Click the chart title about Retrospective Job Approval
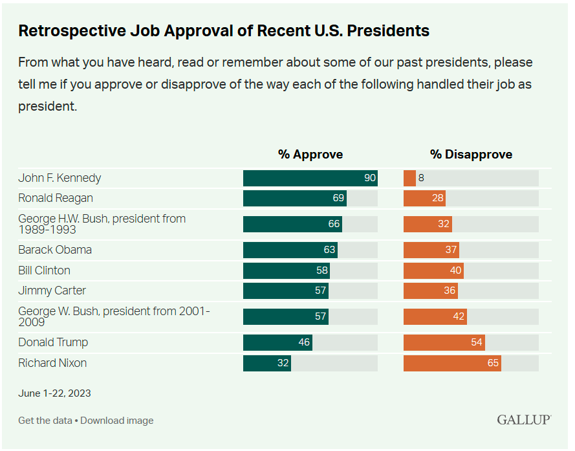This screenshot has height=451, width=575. (x=224, y=30)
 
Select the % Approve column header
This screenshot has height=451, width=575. (x=310, y=154)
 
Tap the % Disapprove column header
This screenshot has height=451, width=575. (x=471, y=154)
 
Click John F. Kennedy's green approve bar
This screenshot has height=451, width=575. (x=310, y=178)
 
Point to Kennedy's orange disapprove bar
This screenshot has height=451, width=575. (x=409, y=178)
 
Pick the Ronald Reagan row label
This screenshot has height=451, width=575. (x=56, y=198)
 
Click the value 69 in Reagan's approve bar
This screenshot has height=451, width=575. (x=338, y=198)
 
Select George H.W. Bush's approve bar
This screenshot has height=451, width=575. (x=292, y=224)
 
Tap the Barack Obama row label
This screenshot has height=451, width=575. (x=55, y=250)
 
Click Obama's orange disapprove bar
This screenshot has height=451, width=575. (x=431, y=250)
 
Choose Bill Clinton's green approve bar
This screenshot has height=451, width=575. (x=286, y=270)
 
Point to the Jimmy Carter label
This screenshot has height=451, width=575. (x=52, y=291)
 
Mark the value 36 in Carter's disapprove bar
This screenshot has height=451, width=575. (x=450, y=291)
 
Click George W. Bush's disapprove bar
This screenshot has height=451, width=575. (x=435, y=316)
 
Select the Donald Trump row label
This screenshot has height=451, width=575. (x=53, y=342)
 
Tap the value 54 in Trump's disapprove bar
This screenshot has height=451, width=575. (x=477, y=342)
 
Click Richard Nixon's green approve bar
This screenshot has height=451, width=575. (x=266, y=363)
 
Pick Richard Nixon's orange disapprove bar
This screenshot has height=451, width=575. (x=452, y=363)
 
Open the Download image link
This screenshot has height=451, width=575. (x=117, y=421)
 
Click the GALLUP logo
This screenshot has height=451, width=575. (x=524, y=420)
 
